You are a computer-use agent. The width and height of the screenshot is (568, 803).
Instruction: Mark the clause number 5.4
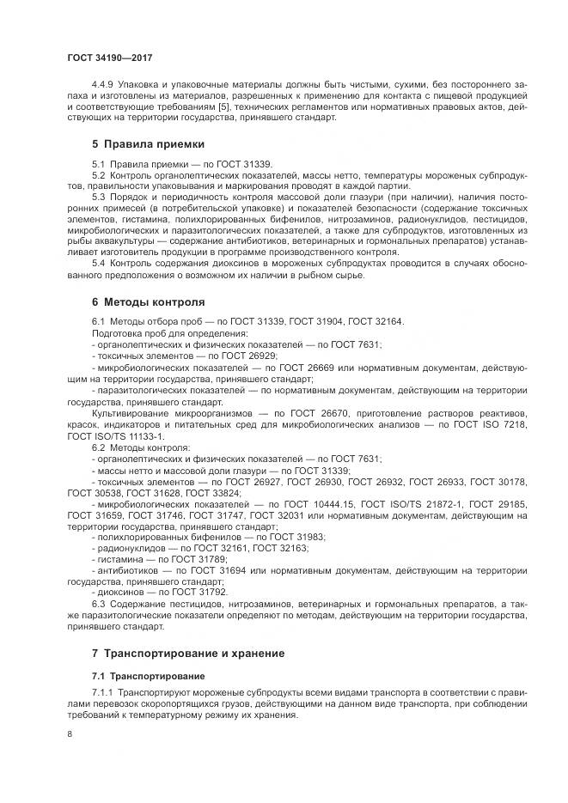[97, 263]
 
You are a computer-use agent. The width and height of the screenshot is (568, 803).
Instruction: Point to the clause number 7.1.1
[102, 692]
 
